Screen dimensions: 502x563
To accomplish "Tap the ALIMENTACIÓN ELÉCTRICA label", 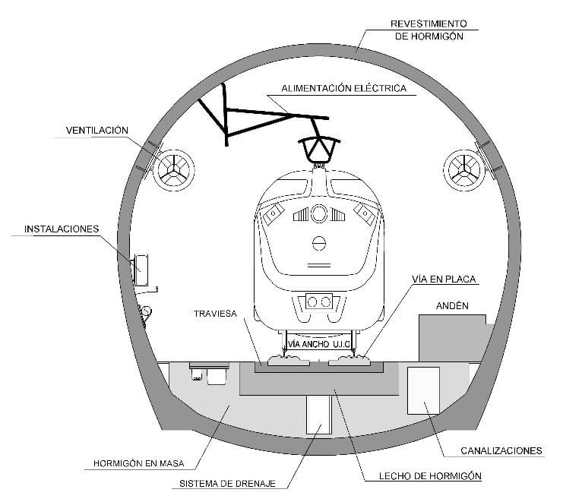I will (x=343, y=88).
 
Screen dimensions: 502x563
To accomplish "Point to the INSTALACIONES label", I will (x=62, y=228).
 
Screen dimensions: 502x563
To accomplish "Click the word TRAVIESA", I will (x=216, y=312).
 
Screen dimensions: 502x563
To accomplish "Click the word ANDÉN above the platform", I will (x=451, y=306).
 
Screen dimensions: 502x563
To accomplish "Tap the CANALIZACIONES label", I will (x=501, y=450).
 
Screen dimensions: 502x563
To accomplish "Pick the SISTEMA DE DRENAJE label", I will (x=228, y=483).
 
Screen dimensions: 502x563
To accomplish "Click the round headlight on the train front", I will (x=319, y=213).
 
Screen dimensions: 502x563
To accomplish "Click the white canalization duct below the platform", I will (x=423, y=390).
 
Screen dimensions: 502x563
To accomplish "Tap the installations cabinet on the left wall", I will (x=141, y=269).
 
